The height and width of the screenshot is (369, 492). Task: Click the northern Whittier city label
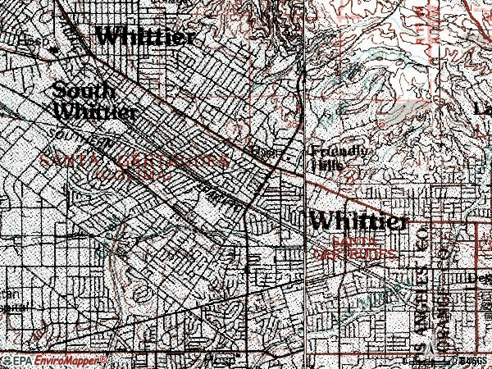coord(146,36)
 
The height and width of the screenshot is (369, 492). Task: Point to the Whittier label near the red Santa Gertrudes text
coord(358,221)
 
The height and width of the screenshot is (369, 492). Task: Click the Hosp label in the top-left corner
coord(30,40)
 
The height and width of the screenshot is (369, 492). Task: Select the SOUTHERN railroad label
coord(80,136)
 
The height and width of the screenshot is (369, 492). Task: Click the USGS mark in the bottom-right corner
coord(474,361)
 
